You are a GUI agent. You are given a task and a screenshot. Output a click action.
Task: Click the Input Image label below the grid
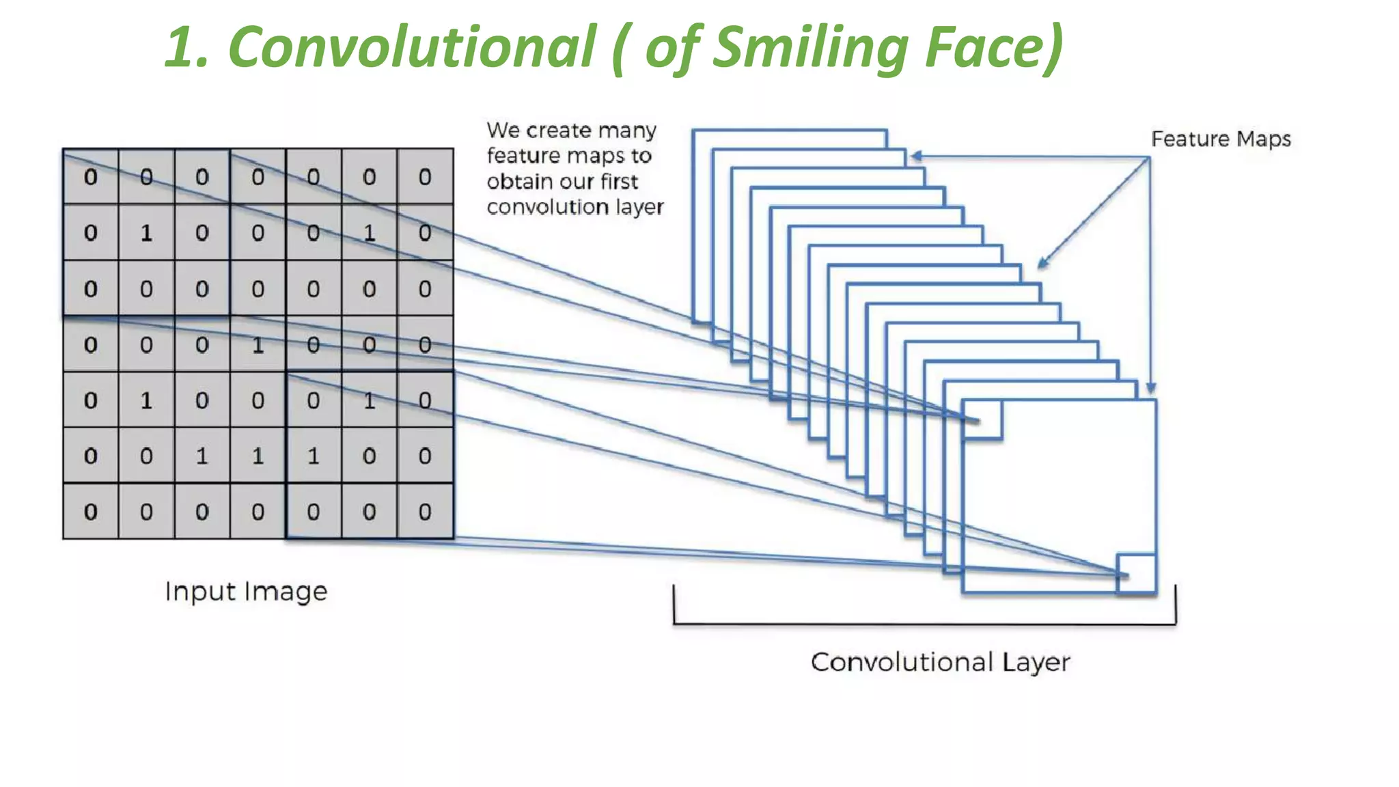pos(246,591)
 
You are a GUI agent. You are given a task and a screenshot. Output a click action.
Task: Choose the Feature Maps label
pos(1221,139)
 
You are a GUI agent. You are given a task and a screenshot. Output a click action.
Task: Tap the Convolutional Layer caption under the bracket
pos(940,662)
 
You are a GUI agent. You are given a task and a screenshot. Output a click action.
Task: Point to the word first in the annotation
pos(619,182)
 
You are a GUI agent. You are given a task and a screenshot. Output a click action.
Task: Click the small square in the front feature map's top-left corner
pos(982,419)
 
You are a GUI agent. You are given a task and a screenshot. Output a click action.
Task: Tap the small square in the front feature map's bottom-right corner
pos(1136,573)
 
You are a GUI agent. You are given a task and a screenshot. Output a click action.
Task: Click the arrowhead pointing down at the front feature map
pos(1151,389)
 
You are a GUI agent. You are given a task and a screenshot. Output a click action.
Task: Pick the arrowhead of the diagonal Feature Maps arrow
pos(1042,263)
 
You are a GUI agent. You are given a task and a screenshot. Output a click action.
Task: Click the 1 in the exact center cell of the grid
pos(258,345)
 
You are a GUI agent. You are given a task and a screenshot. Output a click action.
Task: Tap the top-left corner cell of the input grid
pos(91,177)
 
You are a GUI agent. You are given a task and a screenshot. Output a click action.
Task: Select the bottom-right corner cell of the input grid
pos(425,512)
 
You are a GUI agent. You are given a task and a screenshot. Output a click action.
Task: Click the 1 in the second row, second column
pos(146,233)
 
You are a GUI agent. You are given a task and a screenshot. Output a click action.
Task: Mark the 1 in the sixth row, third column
pos(202,456)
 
